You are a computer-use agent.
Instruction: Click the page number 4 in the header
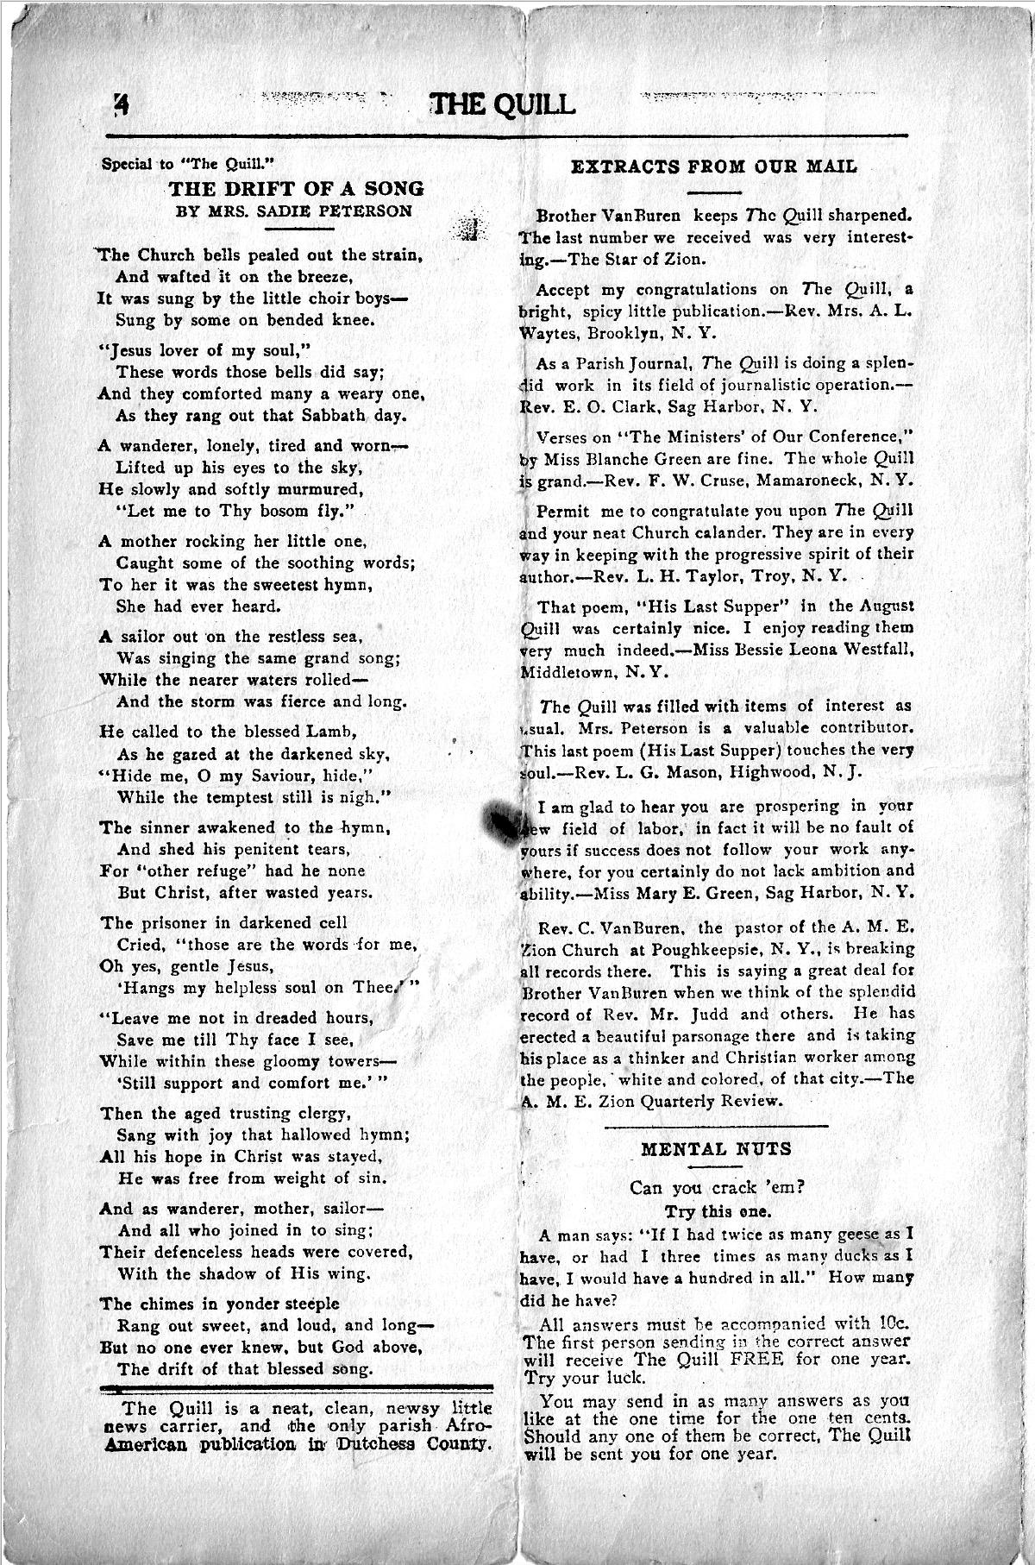coord(121,104)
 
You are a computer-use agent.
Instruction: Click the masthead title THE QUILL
coord(503,104)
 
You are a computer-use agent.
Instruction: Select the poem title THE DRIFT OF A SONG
coord(296,188)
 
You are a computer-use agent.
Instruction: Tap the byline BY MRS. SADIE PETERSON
coord(294,211)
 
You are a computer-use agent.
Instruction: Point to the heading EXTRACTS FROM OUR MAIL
coord(714,167)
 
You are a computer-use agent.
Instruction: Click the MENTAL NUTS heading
coord(715,1148)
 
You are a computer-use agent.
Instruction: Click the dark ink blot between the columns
coord(500,820)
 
